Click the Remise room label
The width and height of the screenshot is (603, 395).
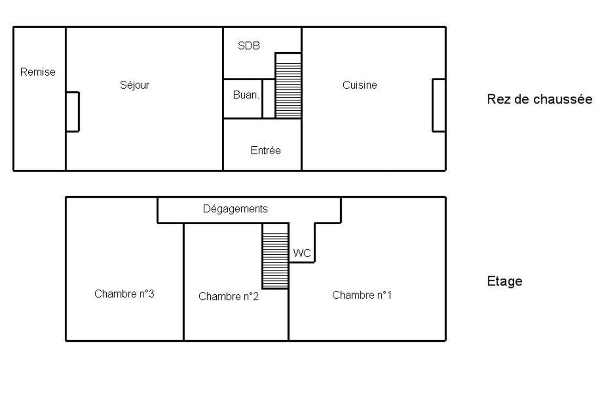click(38, 72)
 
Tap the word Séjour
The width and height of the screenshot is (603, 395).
click(134, 85)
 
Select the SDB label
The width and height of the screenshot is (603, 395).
click(249, 46)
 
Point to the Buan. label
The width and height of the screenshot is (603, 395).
click(246, 95)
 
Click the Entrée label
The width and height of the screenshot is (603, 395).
click(266, 150)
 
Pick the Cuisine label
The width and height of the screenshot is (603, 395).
click(359, 85)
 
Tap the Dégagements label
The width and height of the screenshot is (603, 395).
click(235, 209)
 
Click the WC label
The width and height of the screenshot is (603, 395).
click(302, 253)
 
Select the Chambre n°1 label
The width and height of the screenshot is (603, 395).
click(361, 295)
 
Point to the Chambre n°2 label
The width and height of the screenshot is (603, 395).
click(228, 296)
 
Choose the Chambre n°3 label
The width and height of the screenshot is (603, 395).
click(124, 293)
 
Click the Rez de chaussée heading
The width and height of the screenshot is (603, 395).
click(540, 99)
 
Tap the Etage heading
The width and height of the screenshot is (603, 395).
click(505, 281)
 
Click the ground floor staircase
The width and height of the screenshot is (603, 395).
click(288, 90)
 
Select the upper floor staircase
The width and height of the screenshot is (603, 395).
click(275, 261)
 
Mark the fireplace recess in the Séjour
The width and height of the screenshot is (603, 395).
click(73, 112)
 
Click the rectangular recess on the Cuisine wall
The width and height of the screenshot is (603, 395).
click(439, 105)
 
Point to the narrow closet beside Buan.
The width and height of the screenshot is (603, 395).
click(268, 99)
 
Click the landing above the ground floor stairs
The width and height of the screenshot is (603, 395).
click(288, 58)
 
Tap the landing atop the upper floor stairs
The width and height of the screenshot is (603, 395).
click(275, 228)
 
